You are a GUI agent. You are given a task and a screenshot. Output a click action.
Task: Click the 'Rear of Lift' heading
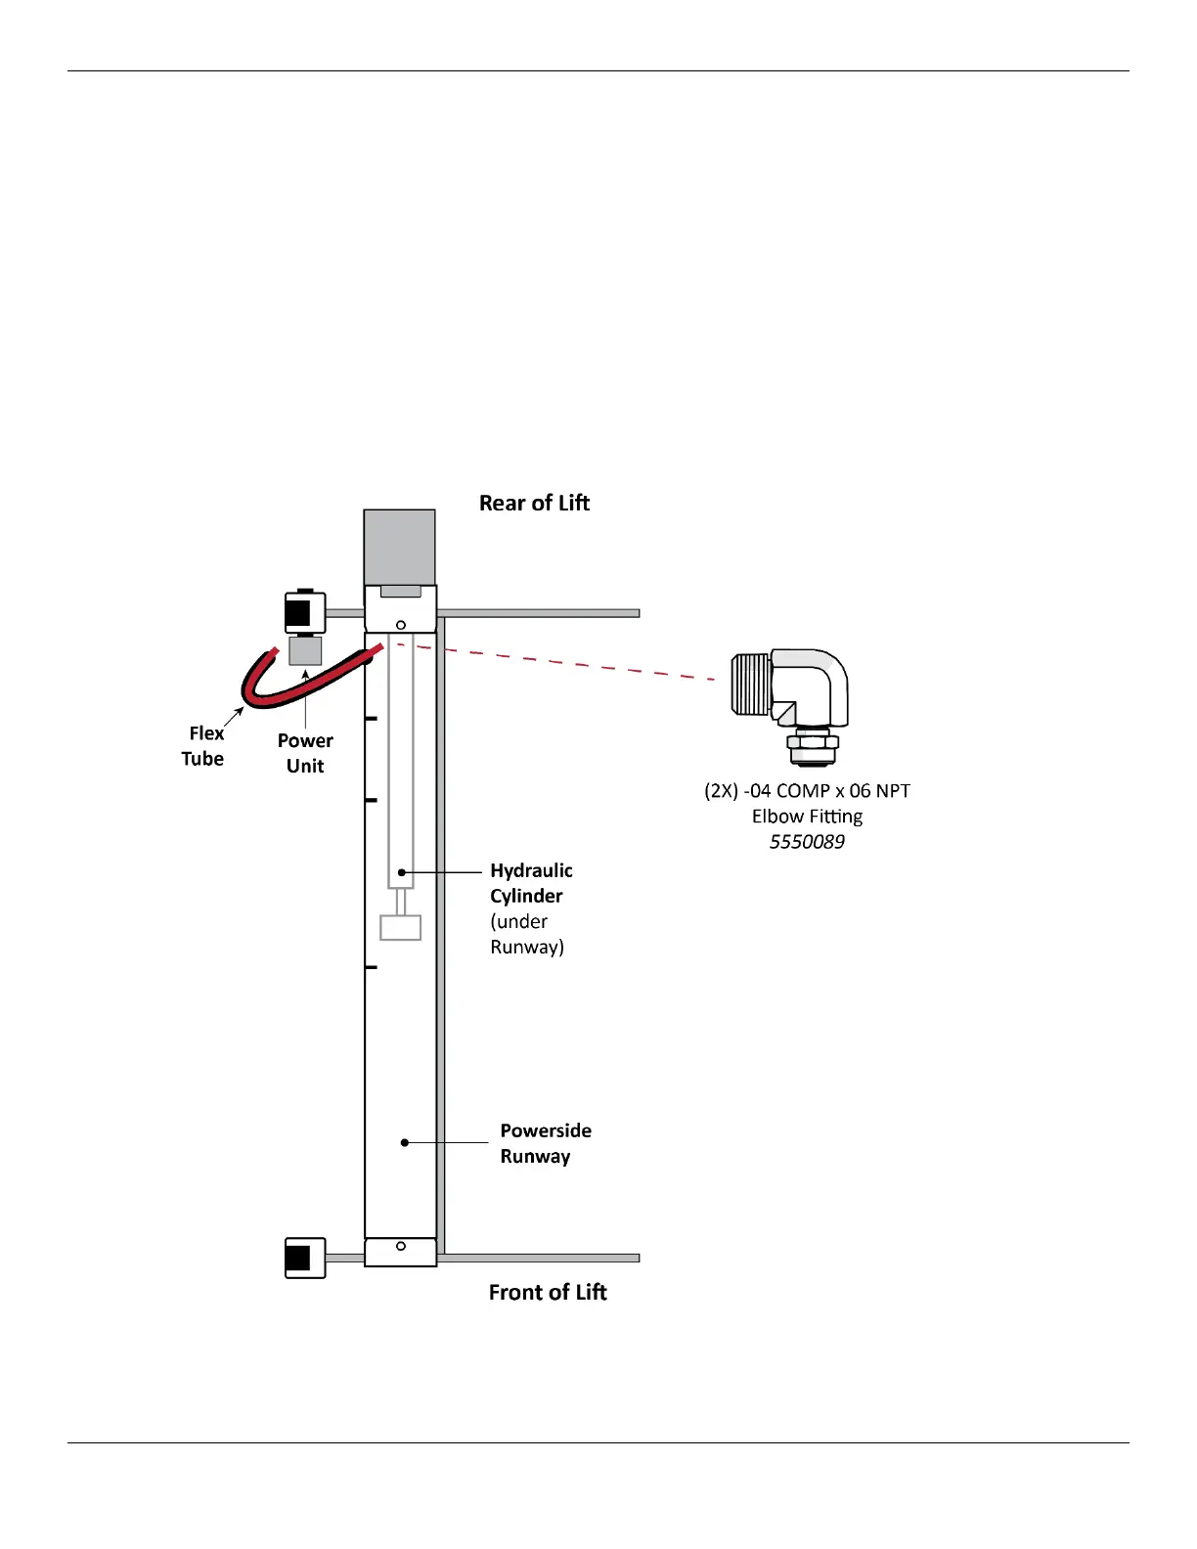click(534, 503)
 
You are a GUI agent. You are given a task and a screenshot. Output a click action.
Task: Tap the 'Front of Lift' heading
click(548, 1292)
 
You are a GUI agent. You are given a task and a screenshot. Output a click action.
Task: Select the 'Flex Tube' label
click(203, 745)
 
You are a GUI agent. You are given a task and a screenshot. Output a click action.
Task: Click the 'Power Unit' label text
click(305, 753)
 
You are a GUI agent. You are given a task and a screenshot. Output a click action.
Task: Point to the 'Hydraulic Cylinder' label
click(531, 883)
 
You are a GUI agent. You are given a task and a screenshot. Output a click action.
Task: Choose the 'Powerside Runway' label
click(546, 1143)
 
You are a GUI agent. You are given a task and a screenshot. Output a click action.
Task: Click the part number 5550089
click(807, 842)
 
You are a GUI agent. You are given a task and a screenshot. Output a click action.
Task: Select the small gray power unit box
click(305, 651)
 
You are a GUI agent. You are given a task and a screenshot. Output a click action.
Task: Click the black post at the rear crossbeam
click(298, 614)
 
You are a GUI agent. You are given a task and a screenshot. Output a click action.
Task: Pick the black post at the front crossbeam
click(298, 1259)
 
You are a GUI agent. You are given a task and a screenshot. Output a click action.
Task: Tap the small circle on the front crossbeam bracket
click(401, 1246)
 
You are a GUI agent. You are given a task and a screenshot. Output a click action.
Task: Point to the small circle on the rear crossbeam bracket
click(401, 625)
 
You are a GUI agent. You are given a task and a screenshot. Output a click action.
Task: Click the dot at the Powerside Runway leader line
click(405, 1142)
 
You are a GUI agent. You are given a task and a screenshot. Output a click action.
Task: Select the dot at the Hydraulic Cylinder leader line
click(401, 871)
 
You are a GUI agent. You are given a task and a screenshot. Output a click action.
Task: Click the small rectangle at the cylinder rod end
click(400, 927)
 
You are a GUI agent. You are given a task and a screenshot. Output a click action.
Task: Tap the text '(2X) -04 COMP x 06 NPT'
click(807, 791)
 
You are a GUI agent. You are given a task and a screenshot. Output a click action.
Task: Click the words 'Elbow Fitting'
click(807, 817)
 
